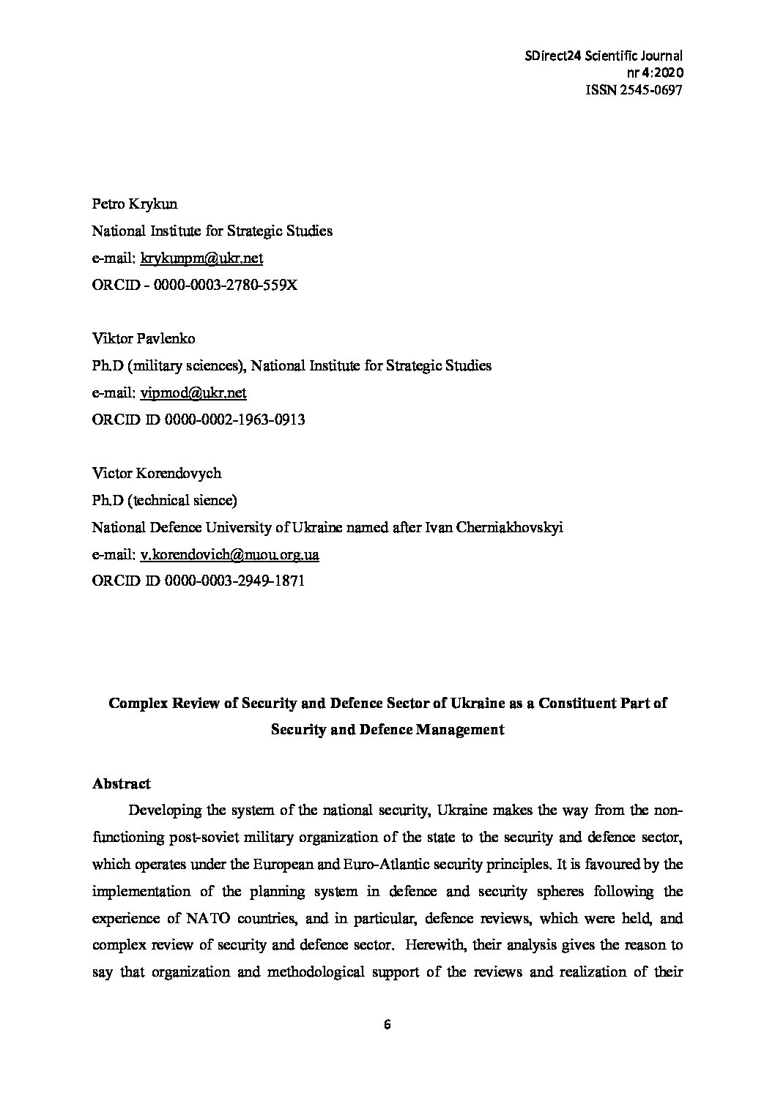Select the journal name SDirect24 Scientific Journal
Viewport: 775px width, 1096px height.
coord(603,56)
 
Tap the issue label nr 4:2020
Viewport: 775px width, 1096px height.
coord(654,72)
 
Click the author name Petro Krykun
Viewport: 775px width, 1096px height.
coord(135,204)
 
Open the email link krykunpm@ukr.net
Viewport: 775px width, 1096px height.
coord(201,258)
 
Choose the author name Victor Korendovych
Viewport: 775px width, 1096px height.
coord(157,473)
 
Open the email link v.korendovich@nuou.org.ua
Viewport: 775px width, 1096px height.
coord(229,554)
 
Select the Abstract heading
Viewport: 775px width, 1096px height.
coord(122,783)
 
